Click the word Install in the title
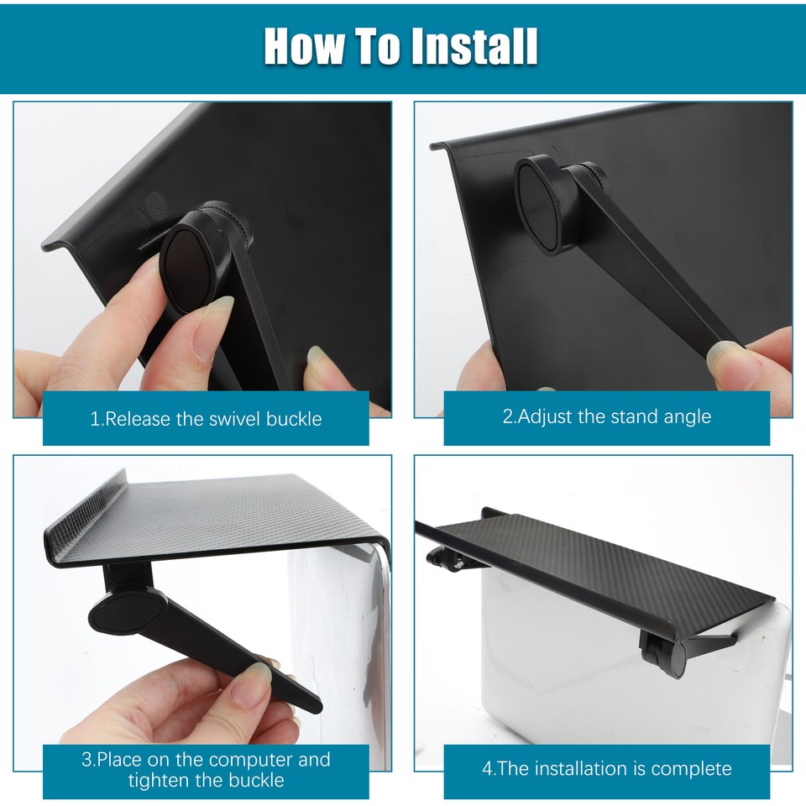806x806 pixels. pos(474,47)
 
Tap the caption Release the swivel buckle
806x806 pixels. pos(206,418)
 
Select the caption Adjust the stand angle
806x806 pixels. pos(606,416)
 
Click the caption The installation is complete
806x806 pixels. pos(606,768)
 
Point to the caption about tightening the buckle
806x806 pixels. pos(206,770)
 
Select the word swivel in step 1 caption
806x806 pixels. pos(232,418)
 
